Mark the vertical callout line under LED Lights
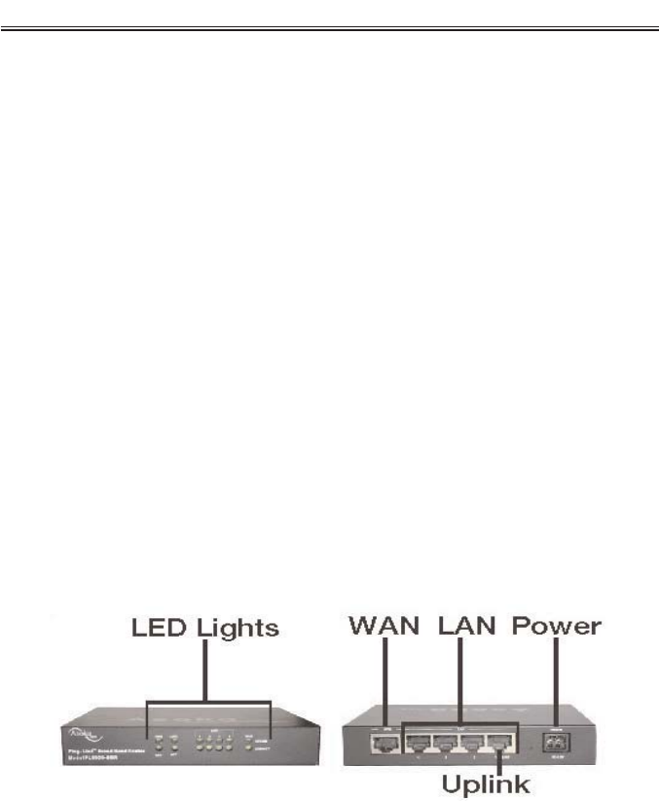click(x=206, y=672)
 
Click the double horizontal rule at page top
click(x=329, y=28)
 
